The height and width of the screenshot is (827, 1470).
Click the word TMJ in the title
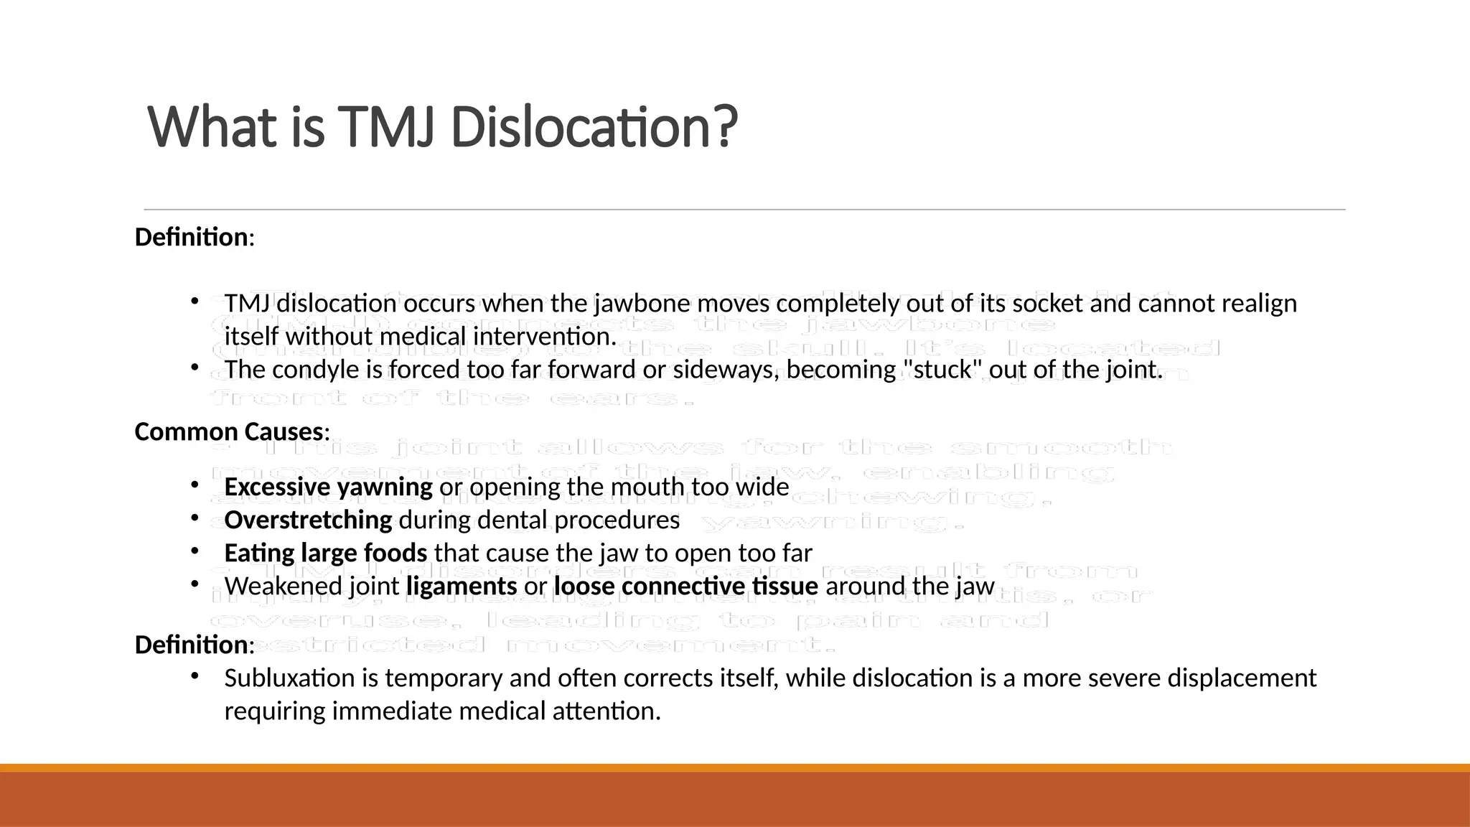385,127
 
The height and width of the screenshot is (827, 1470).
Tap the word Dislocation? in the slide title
594,127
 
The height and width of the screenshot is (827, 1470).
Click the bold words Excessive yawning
328,487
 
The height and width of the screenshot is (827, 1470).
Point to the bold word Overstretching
308,520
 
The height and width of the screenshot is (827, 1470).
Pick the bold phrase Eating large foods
325,553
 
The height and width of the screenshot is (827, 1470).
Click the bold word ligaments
462,586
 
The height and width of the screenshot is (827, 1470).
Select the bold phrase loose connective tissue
685,586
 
